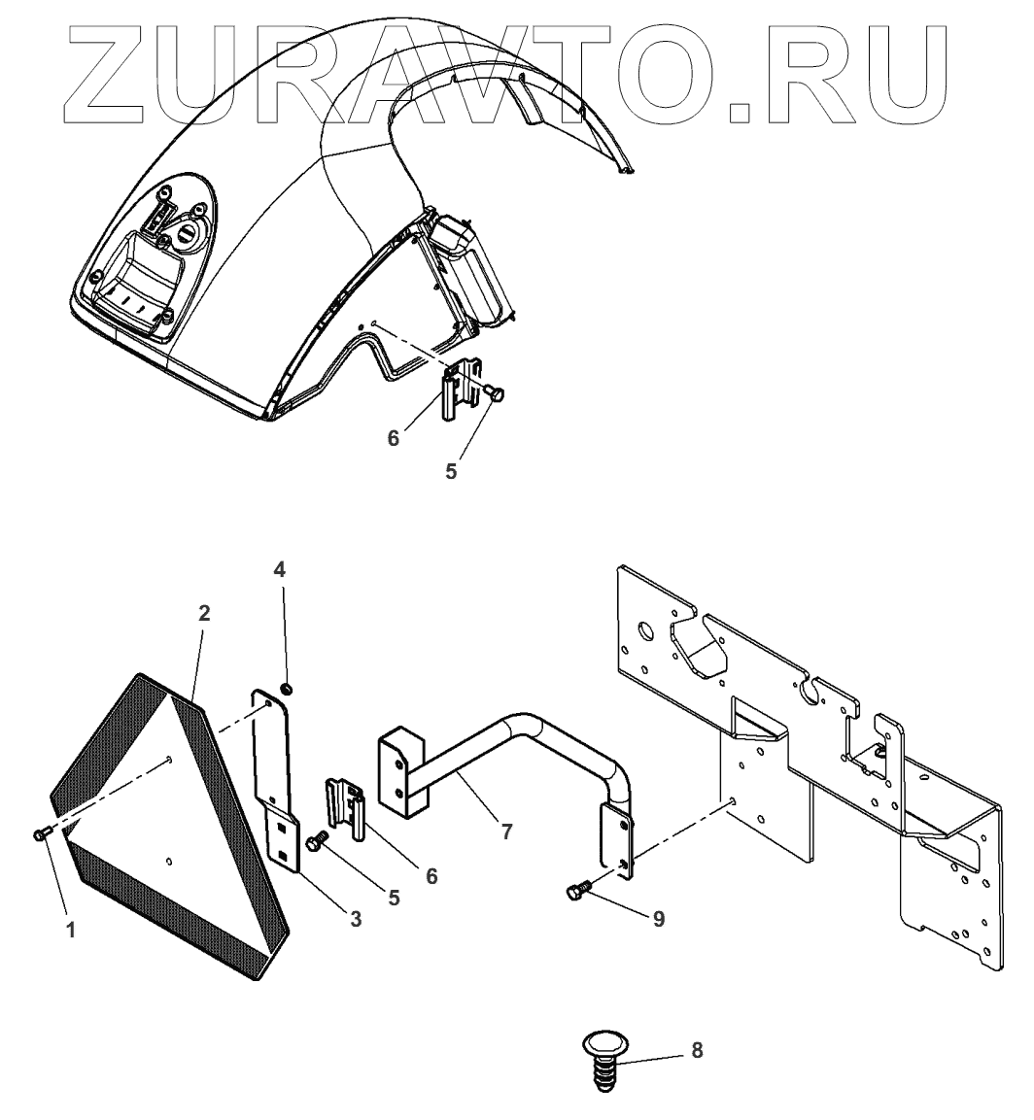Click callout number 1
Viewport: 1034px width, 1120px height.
point(70,930)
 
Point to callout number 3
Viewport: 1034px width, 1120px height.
point(356,919)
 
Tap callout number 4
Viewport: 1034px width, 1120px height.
point(280,570)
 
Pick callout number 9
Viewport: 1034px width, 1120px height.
point(658,919)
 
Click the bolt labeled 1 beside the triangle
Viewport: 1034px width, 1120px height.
point(41,833)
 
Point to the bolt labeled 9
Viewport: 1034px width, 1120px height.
point(577,891)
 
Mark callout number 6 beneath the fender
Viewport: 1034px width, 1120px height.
point(394,438)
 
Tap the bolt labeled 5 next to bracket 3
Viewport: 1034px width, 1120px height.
point(317,843)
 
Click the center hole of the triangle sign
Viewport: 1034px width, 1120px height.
point(170,759)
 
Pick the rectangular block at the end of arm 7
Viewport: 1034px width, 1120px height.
point(400,772)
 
